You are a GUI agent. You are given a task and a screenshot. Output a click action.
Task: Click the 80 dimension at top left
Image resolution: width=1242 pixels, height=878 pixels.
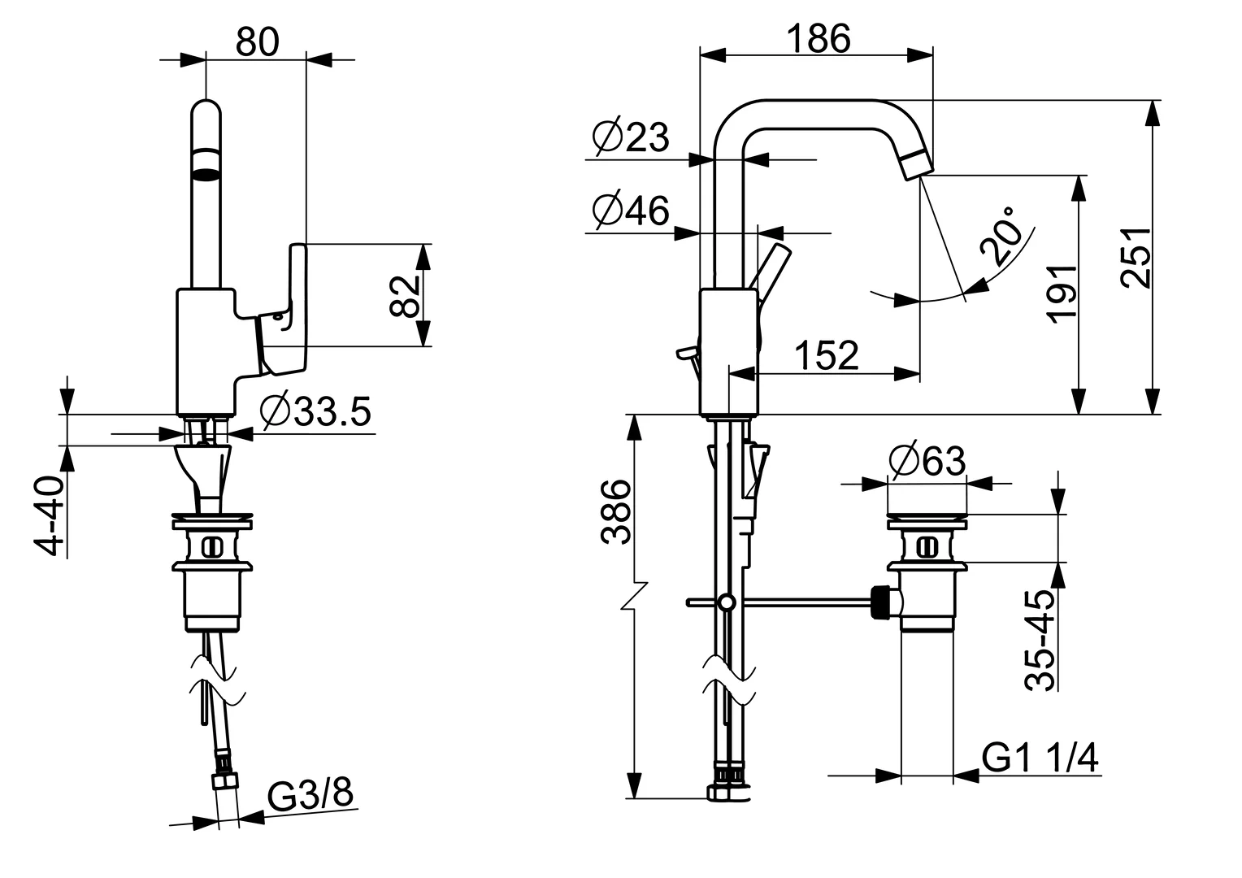[257, 41]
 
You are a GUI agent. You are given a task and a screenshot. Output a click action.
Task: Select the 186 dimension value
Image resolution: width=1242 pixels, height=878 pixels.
[818, 38]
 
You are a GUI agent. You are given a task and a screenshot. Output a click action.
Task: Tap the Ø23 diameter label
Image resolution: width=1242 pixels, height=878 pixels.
[631, 137]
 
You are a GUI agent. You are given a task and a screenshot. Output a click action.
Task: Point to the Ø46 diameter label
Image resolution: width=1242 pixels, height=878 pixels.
[631, 211]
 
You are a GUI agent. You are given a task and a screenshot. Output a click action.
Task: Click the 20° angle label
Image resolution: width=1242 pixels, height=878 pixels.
[1001, 237]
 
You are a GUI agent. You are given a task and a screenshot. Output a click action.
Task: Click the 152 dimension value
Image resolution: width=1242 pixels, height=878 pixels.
[825, 355]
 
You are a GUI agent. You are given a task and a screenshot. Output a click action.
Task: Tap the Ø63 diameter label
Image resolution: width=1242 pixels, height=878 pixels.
[927, 462]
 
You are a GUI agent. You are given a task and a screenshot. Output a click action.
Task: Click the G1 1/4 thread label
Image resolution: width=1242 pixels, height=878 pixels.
[1040, 758]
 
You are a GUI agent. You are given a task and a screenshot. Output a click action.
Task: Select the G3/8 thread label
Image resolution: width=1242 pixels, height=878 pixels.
[311, 794]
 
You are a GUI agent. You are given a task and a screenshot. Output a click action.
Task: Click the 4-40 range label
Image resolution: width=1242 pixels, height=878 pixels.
[50, 517]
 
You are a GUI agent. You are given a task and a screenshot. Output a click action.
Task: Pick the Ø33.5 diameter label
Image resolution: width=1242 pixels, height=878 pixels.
[315, 412]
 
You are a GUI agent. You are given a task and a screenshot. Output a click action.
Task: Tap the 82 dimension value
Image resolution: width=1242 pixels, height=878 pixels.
[404, 295]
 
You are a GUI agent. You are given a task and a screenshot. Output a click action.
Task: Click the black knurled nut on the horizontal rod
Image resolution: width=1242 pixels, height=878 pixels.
[878, 602]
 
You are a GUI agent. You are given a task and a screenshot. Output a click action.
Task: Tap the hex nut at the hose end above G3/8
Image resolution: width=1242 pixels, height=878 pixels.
[225, 782]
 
